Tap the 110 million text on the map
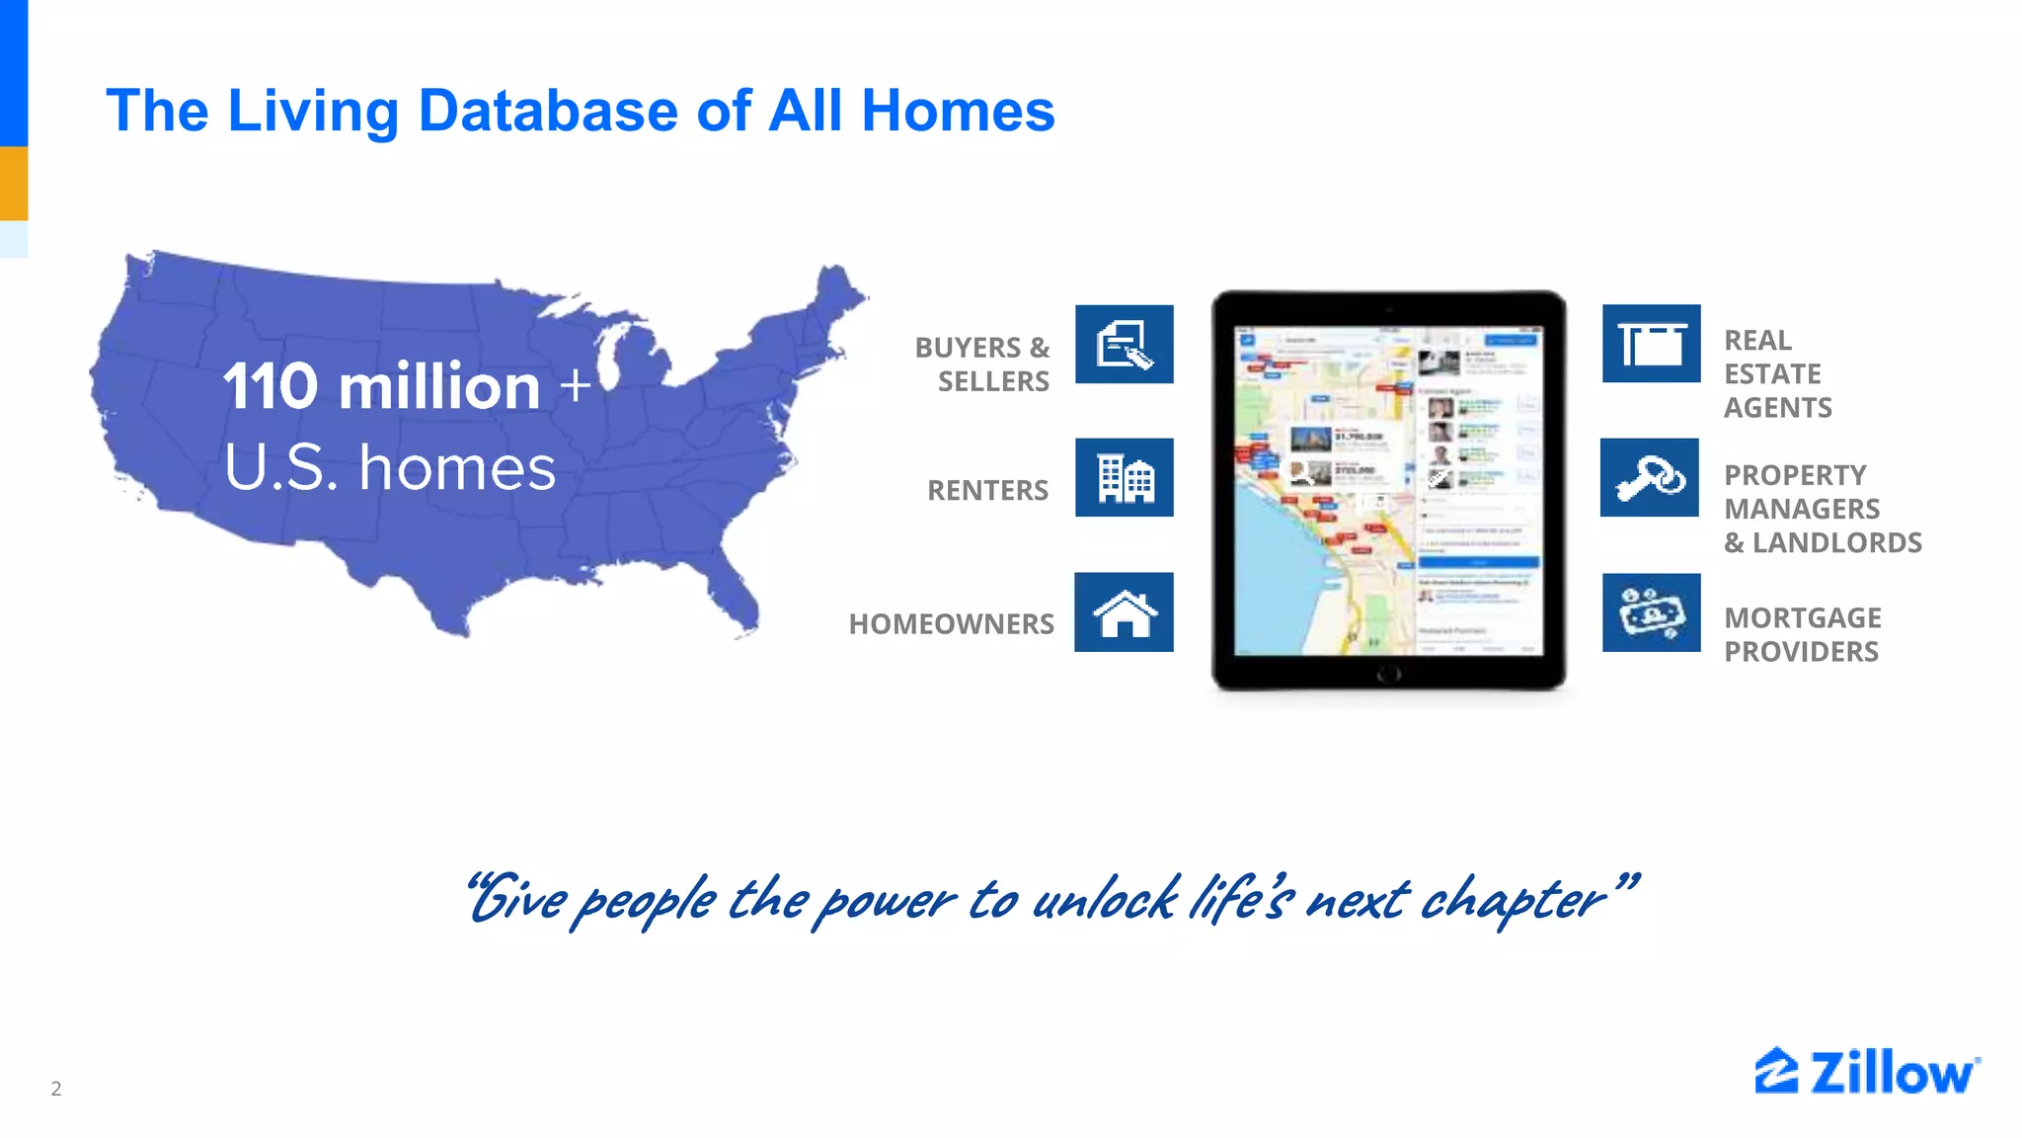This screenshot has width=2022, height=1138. click(381, 385)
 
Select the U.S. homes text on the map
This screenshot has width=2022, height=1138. click(390, 467)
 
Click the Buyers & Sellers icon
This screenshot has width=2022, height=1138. click(1124, 344)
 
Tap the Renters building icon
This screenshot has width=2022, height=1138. click(1124, 477)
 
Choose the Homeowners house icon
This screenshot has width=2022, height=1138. click(1124, 612)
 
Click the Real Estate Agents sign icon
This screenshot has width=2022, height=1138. click(1651, 344)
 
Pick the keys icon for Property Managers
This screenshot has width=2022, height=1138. click(1649, 477)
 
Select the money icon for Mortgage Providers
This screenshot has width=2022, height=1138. click(1651, 612)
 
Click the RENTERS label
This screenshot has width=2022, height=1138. click(987, 490)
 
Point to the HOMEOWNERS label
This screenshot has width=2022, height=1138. click(951, 624)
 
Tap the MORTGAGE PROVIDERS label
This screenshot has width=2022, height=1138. click(1802, 634)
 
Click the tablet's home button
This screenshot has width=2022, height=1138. click(1388, 675)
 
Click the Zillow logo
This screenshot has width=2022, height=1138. click(1866, 1072)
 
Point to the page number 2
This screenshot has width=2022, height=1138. click(56, 1089)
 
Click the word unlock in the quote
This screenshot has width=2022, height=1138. click(1104, 900)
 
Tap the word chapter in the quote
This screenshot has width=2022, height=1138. click(1511, 900)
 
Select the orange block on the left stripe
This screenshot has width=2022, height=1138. click(14, 183)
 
